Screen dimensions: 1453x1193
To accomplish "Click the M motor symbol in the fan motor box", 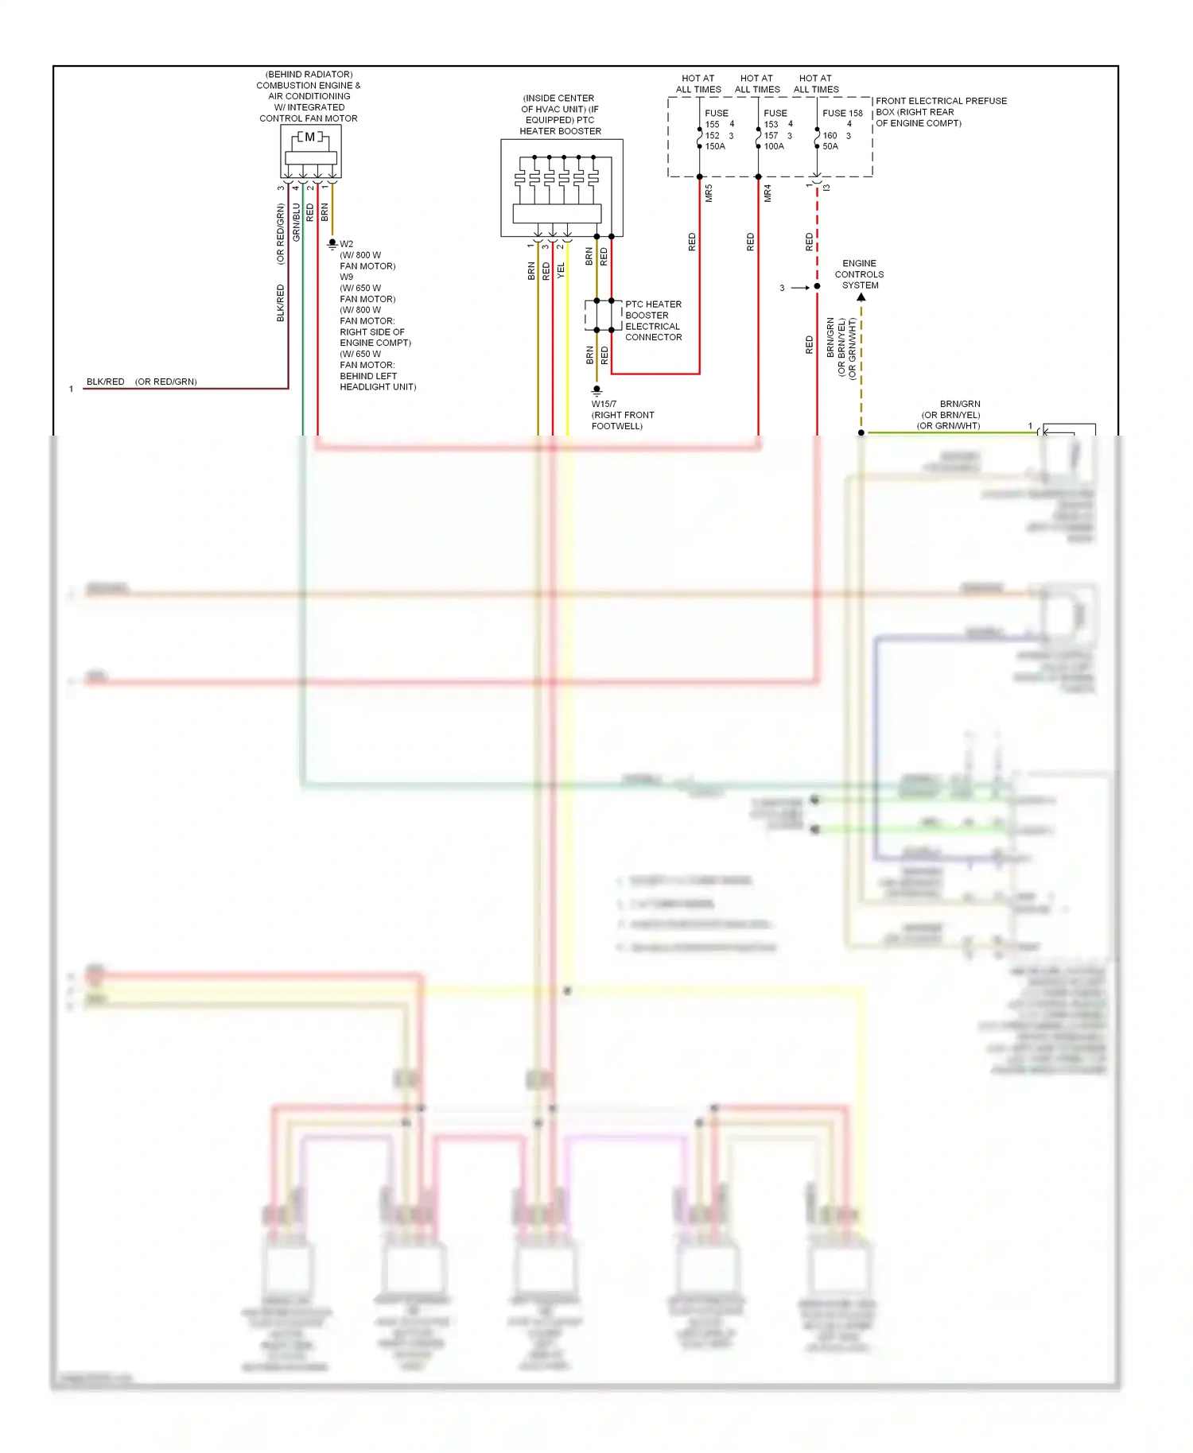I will coord(310,137).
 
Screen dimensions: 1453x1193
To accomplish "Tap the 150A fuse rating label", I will coord(715,146).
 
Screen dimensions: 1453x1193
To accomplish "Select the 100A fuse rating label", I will coord(774,146).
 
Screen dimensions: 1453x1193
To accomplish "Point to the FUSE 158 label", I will coord(842,113).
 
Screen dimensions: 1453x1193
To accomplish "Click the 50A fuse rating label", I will coord(830,146).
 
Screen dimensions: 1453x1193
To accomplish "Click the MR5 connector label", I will coord(709,193).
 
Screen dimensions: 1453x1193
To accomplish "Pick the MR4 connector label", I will coord(767,193).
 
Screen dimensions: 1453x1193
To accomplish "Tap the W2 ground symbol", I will coord(332,244).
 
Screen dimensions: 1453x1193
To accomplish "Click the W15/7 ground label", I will coord(604,404).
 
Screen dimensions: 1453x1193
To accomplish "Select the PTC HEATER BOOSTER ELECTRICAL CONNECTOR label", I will coord(653,320).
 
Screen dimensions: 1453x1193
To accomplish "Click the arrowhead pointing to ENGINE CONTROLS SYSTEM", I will coord(861,297).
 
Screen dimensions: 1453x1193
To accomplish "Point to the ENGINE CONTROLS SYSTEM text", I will coord(859,274).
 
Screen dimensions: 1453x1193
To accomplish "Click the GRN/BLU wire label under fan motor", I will coord(296,223).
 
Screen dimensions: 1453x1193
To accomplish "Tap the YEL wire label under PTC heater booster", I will coord(561,270).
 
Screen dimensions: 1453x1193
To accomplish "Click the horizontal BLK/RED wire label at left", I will coord(105,382).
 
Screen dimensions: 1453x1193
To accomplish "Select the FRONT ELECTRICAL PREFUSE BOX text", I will coord(941,101).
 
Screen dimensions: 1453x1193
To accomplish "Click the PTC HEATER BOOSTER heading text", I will coord(560,131).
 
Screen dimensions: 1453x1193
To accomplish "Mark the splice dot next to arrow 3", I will coord(817,286).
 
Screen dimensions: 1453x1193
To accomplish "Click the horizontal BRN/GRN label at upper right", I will coord(960,404).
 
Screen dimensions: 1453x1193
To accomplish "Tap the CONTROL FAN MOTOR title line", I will coord(309,118).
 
